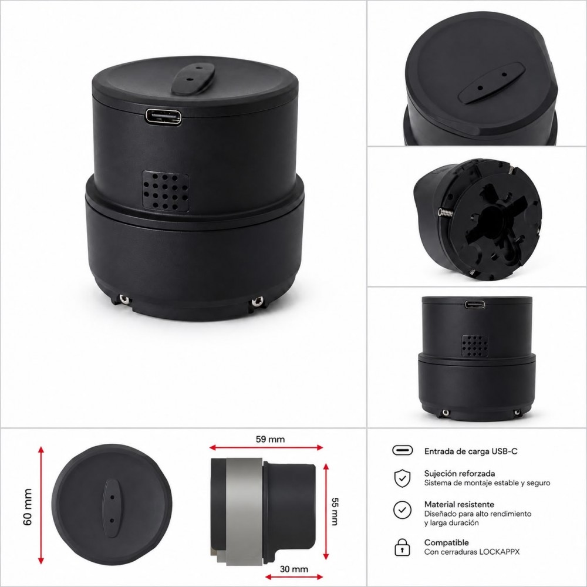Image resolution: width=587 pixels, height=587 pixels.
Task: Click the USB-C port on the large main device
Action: point(164,117)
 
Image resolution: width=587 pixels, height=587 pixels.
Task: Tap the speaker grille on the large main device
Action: point(166,191)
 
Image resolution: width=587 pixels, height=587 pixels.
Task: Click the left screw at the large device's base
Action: point(123,299)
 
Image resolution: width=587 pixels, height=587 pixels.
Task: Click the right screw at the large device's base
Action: point(258,301)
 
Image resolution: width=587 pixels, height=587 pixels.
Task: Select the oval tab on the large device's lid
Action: point(193,79)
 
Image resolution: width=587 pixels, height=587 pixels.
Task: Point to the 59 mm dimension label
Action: point(270,439)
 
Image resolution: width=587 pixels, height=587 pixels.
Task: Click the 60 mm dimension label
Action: point(28,507)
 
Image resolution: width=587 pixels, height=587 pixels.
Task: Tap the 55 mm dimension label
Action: point(335,511)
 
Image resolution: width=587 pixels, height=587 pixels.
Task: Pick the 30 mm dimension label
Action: point(294,569)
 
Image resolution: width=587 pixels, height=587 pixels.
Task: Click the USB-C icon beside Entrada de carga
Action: point(403,450)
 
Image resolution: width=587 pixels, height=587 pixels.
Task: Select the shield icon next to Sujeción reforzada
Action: point(403,478)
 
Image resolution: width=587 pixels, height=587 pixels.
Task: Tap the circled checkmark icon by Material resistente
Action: point(403,510)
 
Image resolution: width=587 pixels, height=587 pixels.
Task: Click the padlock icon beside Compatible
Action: point(402,547)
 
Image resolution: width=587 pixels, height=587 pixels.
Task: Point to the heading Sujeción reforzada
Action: point(460,474)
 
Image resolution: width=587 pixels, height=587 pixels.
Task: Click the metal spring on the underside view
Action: point(446,213)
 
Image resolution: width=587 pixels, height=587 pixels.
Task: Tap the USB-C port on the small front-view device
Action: point(475,304)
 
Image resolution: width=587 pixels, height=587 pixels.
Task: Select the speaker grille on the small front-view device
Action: point(475,346)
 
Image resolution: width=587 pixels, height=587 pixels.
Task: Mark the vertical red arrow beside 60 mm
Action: point(41,505)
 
